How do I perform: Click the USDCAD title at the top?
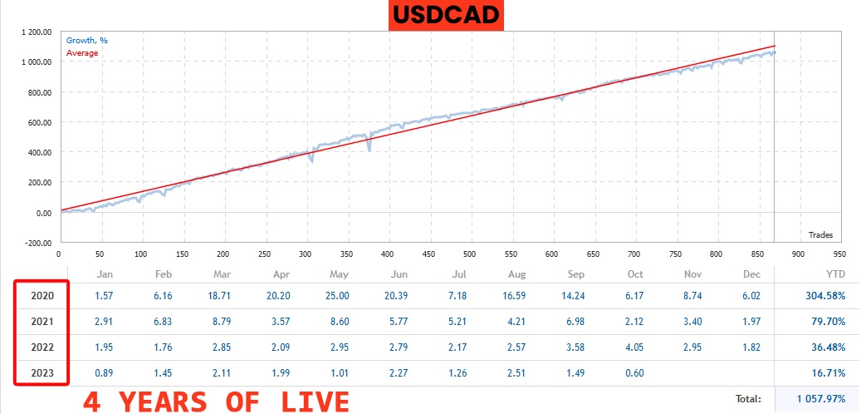pos(447,14)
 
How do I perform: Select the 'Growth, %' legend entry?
pos(86,40)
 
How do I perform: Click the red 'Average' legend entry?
pos(81,52)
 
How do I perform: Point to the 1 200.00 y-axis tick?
pos(35,32)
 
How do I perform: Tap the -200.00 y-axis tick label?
pos(36,243)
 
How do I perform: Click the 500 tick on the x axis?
pos(428,254)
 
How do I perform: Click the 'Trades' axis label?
pos(819,234)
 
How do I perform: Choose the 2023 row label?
pos(42,372)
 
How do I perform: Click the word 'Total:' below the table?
pos(748,399)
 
